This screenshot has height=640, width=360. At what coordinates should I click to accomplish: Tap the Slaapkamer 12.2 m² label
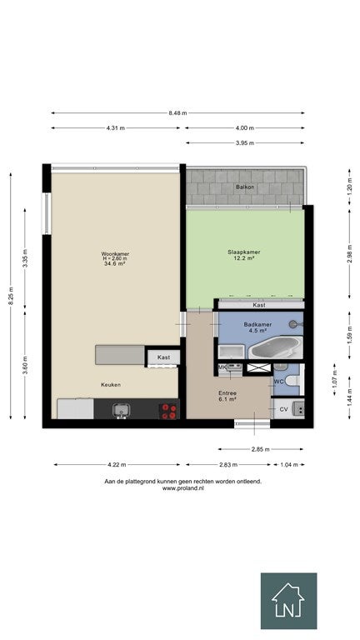coord(244,255)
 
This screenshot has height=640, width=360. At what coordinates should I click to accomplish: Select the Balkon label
coord(245,187)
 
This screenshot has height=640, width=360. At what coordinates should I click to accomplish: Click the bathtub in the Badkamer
coord(276,347)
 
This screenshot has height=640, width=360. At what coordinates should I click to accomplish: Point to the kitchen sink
coord(121,410)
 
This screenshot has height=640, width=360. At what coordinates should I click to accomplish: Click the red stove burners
coord(168,411)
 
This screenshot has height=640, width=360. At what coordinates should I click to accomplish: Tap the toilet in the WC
coord(294,381)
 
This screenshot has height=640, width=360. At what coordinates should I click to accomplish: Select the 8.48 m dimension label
coord(178,113)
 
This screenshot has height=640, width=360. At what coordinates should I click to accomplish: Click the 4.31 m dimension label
coord(116,128)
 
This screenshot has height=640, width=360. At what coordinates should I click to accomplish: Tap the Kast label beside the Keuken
coord(163,357)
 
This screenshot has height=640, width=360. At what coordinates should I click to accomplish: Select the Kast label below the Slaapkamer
coord(259,305)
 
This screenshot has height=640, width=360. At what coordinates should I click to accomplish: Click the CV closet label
coord(283,409)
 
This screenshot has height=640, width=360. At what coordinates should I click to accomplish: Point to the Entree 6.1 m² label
coord(227,396)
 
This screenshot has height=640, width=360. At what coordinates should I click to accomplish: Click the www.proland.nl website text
coord(182,488)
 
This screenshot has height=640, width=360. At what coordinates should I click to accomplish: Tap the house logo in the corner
coord(288,601)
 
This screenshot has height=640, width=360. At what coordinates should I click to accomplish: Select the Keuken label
coord(111,384)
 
